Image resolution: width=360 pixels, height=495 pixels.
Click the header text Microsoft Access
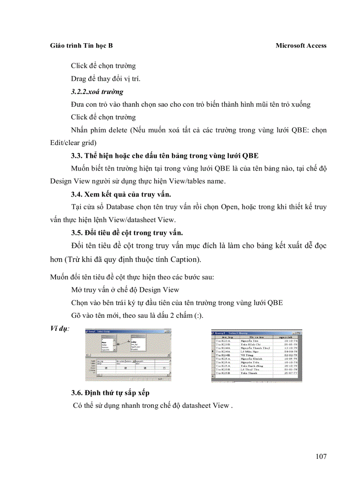pos(301,45)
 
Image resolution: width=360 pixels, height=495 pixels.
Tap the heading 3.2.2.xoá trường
pos(97,92)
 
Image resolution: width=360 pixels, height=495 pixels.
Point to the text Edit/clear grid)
pos(72,143)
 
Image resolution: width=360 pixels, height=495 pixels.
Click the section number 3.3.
pos(77,156)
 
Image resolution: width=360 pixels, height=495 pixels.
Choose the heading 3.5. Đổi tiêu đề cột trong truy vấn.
pos(127,232)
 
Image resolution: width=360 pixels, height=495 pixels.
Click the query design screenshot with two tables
pos(128,355)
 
